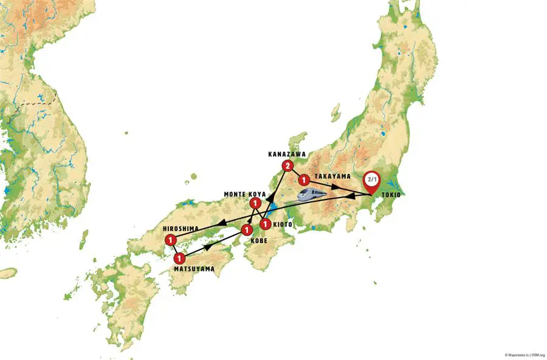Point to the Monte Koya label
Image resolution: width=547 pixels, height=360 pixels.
tap(244, 194)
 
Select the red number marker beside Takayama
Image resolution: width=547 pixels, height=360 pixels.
tap(303, 180)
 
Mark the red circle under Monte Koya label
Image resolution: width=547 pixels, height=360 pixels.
tap(256, 203)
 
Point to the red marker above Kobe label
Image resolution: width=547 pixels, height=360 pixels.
tap(247, 230)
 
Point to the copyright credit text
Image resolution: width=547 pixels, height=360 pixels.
tap(524, 355)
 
